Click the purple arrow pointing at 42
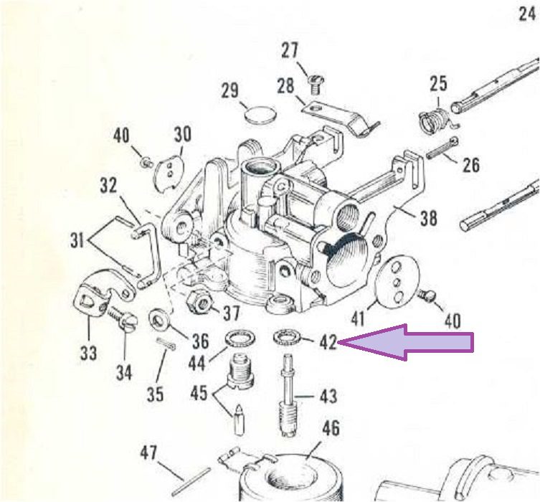(406, 342)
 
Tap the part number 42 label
(328, 343)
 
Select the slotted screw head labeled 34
(129, 322)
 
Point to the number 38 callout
(428, 218)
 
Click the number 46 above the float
(331, 428)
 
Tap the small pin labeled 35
(166, 344)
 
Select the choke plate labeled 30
(169, 173)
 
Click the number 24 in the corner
(527, 15)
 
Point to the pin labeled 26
(442, 147)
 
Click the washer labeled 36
(158, 319)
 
